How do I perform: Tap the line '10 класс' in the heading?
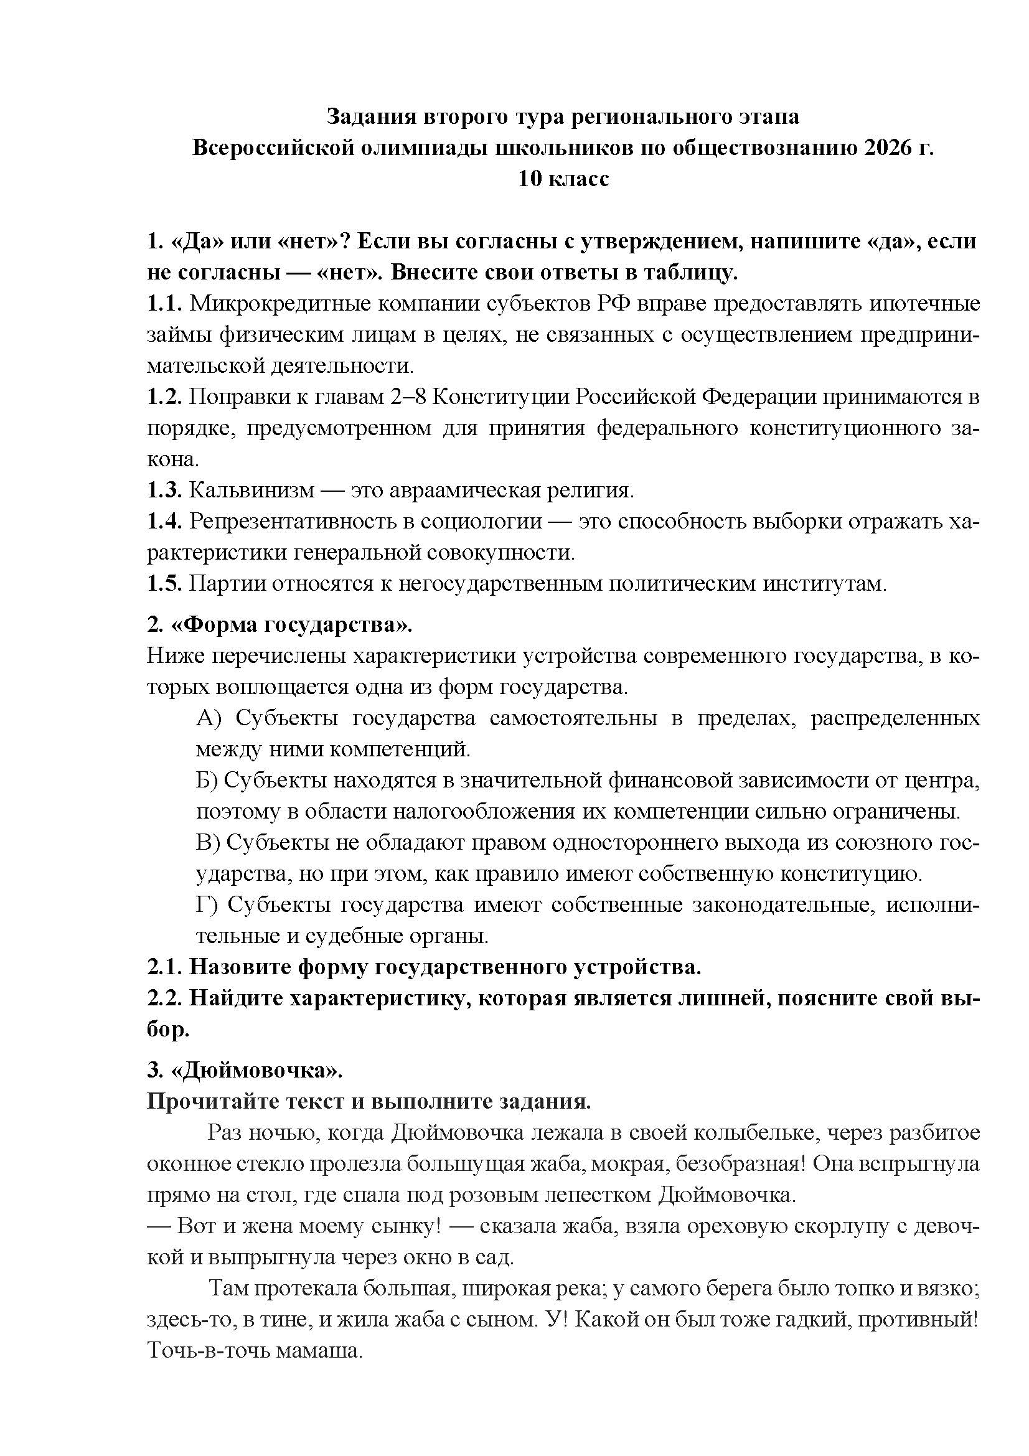coord(563,179)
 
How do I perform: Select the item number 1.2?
coord(165,397)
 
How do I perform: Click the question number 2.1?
coord(165,967)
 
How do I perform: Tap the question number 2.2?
coord(165,998)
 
